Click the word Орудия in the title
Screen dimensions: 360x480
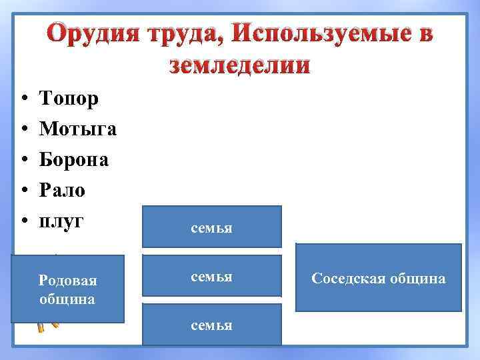pyautogui.click(x=93, y=34)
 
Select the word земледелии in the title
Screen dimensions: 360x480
pyautogui.click(x=240, y=65)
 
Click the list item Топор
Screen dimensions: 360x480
pyautogui.click(x=69, y=99)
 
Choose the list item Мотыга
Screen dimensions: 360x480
pyautogui.click(x=78, y=129)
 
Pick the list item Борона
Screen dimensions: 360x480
pyautogui.click(x=75, y=160)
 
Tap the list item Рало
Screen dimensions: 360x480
pyautogui.click(x=63, y=191)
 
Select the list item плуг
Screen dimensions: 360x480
pyautogui.click(x=62, y=221)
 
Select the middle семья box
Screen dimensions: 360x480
pyautogui.click(x=212, y=275)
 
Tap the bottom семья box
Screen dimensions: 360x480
pyautogui.click(x=212, y=325)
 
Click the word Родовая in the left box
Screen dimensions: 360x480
pyautogui.click(x=67, y=281)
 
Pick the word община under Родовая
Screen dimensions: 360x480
pyautogui.click(x=67, y=299)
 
